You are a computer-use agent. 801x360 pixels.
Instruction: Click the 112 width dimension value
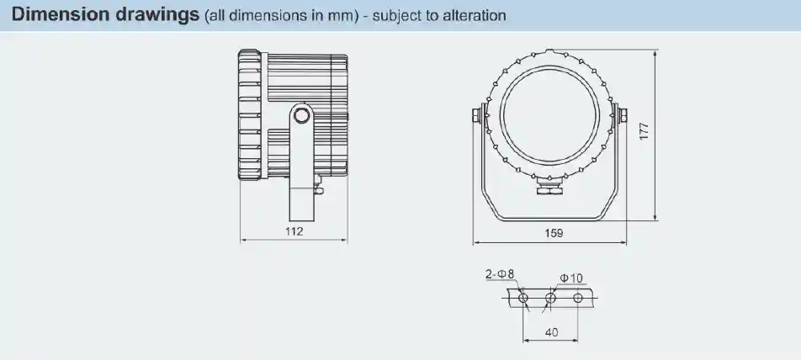[x=293, y=231]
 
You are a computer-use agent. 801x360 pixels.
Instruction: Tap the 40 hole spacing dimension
[x=551, y=332]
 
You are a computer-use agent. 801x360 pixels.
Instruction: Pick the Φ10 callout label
[x=570, y=278]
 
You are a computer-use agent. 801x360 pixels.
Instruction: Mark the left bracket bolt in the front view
[x=479, y=114]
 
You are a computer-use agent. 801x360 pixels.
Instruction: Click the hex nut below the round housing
[x=551, y=191]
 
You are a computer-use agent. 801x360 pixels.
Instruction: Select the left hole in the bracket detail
[x=523, y=298]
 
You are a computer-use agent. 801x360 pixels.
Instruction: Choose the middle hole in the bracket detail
[x=550, y=298]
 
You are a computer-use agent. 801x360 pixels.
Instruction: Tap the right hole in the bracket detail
[x=578, y=298]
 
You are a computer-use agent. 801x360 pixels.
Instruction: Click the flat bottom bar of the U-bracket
[x=551, y=220]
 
